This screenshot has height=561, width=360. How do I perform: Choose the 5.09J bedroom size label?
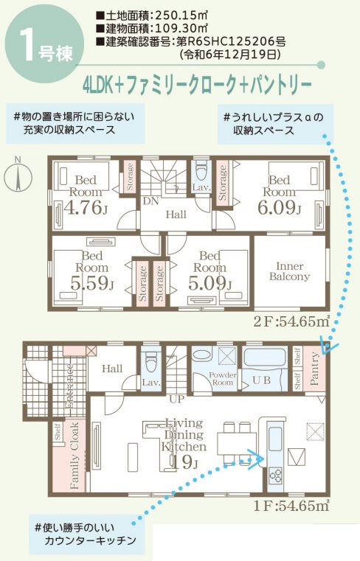click(210, 282)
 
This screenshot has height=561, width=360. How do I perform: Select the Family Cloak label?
click(74, 457)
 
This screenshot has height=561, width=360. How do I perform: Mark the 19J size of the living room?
click(183, 462)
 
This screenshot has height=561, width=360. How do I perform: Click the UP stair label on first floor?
click(176, 399)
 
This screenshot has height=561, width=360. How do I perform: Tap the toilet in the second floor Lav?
click(201, 170)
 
